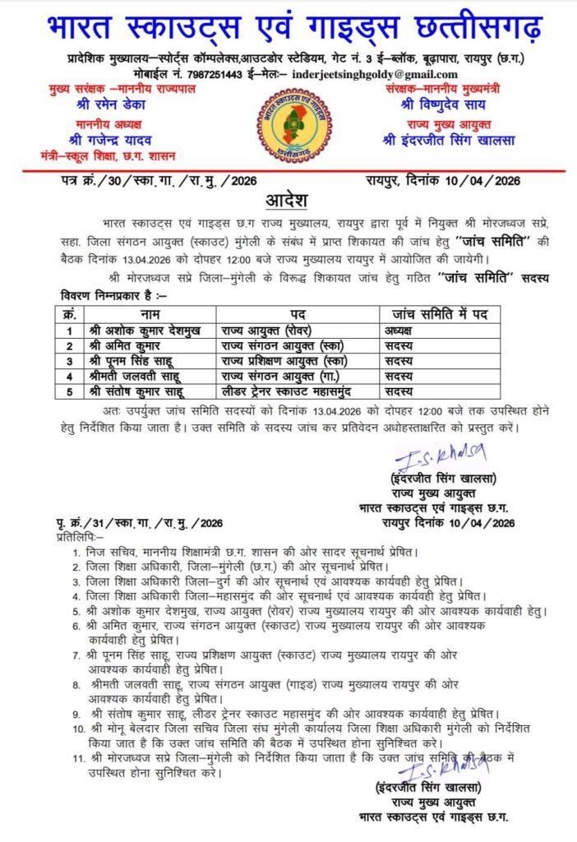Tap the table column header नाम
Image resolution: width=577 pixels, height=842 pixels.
pos(150,313)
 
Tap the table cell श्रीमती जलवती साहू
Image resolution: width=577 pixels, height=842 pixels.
pos(137,376)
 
